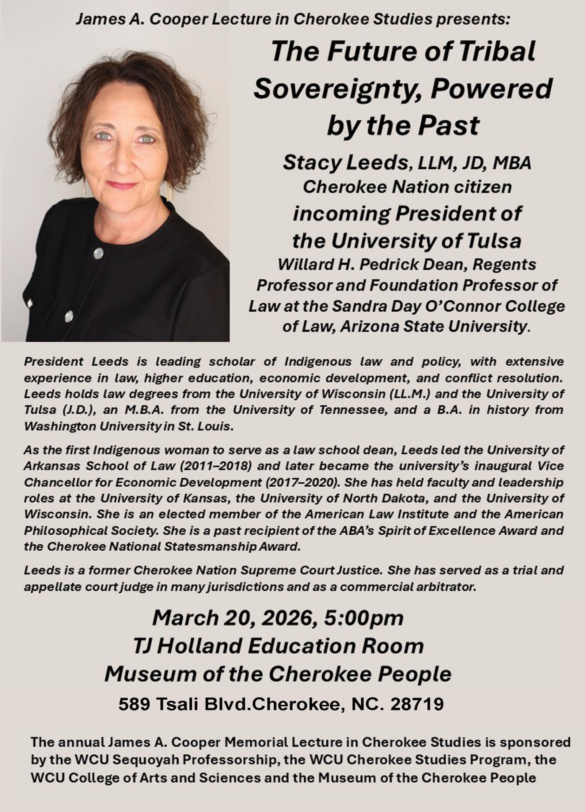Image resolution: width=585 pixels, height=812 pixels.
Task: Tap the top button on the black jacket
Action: (x=98, y=253)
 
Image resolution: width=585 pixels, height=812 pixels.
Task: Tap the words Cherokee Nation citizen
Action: (x=407, y=187)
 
